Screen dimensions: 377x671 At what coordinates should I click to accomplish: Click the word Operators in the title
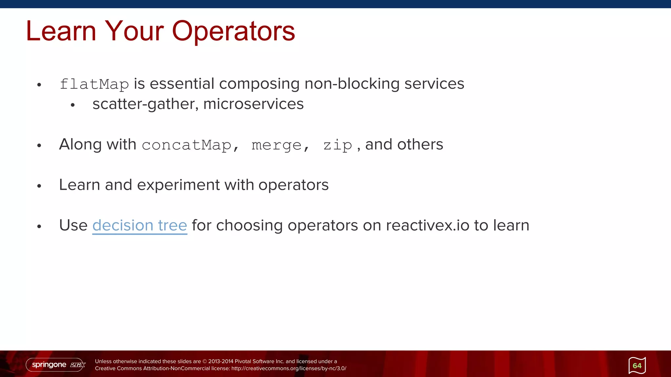tap(233, 31)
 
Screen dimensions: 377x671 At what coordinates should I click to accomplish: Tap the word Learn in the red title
tap(61, 31)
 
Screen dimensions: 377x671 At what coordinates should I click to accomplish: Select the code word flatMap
tap(94, 84)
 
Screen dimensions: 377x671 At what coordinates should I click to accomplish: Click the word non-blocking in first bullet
tap(352, 84)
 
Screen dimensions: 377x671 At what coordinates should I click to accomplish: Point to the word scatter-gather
tap(145, 104)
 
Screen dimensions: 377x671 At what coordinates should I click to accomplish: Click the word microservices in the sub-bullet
tap(253, 104)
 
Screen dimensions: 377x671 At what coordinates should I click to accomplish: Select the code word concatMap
tap(186, 145)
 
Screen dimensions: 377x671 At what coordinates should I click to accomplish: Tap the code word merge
tap(276, 145)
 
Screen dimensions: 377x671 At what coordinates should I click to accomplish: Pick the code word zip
tap(337, 145)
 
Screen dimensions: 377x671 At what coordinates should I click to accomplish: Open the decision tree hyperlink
tap(140, 225)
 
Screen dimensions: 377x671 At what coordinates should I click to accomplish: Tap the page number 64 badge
tap(637, 366)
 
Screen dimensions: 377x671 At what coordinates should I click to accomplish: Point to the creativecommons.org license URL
tap(288, 368)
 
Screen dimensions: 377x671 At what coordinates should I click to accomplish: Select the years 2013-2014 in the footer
tap(221, 361)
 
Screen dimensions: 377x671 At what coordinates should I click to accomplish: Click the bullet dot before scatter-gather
tap(73, 105)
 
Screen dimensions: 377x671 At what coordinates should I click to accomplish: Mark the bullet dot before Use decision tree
tap(39, 226)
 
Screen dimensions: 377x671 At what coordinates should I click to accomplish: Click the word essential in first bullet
tap(182, 84)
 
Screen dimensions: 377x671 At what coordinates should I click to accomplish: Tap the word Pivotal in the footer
tap(243, 361)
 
